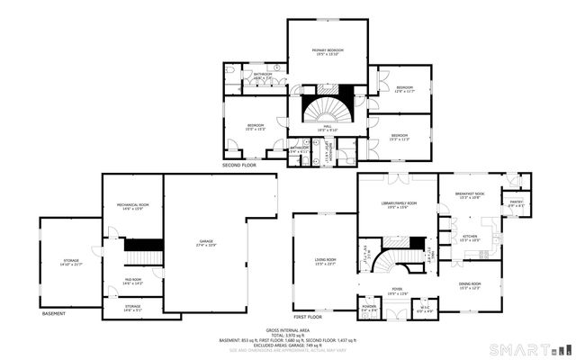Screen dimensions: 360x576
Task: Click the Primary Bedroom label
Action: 328,52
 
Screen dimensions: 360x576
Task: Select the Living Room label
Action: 325,262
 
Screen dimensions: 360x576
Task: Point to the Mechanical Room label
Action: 132,207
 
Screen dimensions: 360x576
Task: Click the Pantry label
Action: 516,204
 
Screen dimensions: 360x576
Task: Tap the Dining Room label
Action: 470,286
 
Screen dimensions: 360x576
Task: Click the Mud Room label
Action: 132,282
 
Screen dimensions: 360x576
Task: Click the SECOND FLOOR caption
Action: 239,166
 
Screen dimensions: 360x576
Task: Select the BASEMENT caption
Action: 55,313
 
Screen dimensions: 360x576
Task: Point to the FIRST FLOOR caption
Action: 309,317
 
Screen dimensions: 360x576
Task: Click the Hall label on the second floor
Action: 328,128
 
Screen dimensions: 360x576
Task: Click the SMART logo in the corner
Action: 529,348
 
